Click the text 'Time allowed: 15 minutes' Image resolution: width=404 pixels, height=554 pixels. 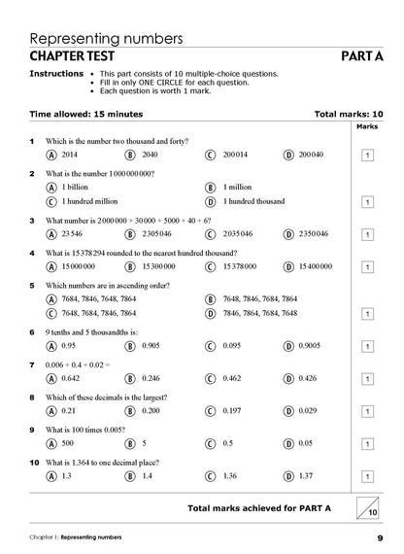click(85, 114)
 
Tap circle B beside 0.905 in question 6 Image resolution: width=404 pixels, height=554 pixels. click(130, 345)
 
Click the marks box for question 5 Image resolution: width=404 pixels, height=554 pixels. click(367, 314)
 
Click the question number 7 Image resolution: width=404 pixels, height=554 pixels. click(33, 364)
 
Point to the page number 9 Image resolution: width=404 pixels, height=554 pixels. click(380, 538)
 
